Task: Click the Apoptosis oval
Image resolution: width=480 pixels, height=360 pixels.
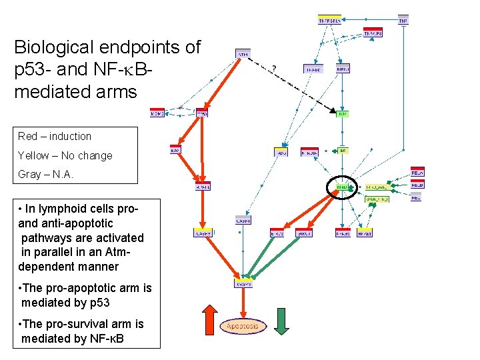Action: click(243, 326)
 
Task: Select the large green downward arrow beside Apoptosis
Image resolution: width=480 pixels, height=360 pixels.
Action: click(281, 320)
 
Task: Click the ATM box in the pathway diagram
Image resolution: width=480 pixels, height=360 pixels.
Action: click(243, 53)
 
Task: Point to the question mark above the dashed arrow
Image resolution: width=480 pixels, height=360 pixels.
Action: click(273, 68)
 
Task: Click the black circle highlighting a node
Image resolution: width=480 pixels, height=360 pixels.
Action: click(342, 188)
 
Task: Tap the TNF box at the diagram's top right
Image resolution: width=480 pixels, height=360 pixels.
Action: click(403, 20)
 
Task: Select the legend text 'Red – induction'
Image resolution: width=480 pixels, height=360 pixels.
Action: click(55, 136)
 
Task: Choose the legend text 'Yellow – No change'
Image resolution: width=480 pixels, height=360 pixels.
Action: click(65, 155)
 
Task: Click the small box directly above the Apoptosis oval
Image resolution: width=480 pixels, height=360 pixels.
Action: click(243, 283)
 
